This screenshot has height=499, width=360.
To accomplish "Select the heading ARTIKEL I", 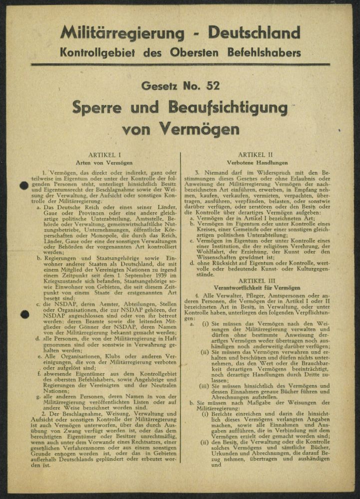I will [x=104, y=156].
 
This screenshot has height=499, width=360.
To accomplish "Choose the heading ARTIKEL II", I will [x=255, y=156].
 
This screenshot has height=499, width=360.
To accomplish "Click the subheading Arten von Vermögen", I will [x=104, y=163].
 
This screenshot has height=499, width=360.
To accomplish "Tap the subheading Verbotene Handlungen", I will [x=255, y=163].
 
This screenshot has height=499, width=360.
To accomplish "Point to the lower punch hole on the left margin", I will [x=23, y=314].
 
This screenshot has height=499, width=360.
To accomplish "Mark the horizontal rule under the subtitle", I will [x=180, y=65].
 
